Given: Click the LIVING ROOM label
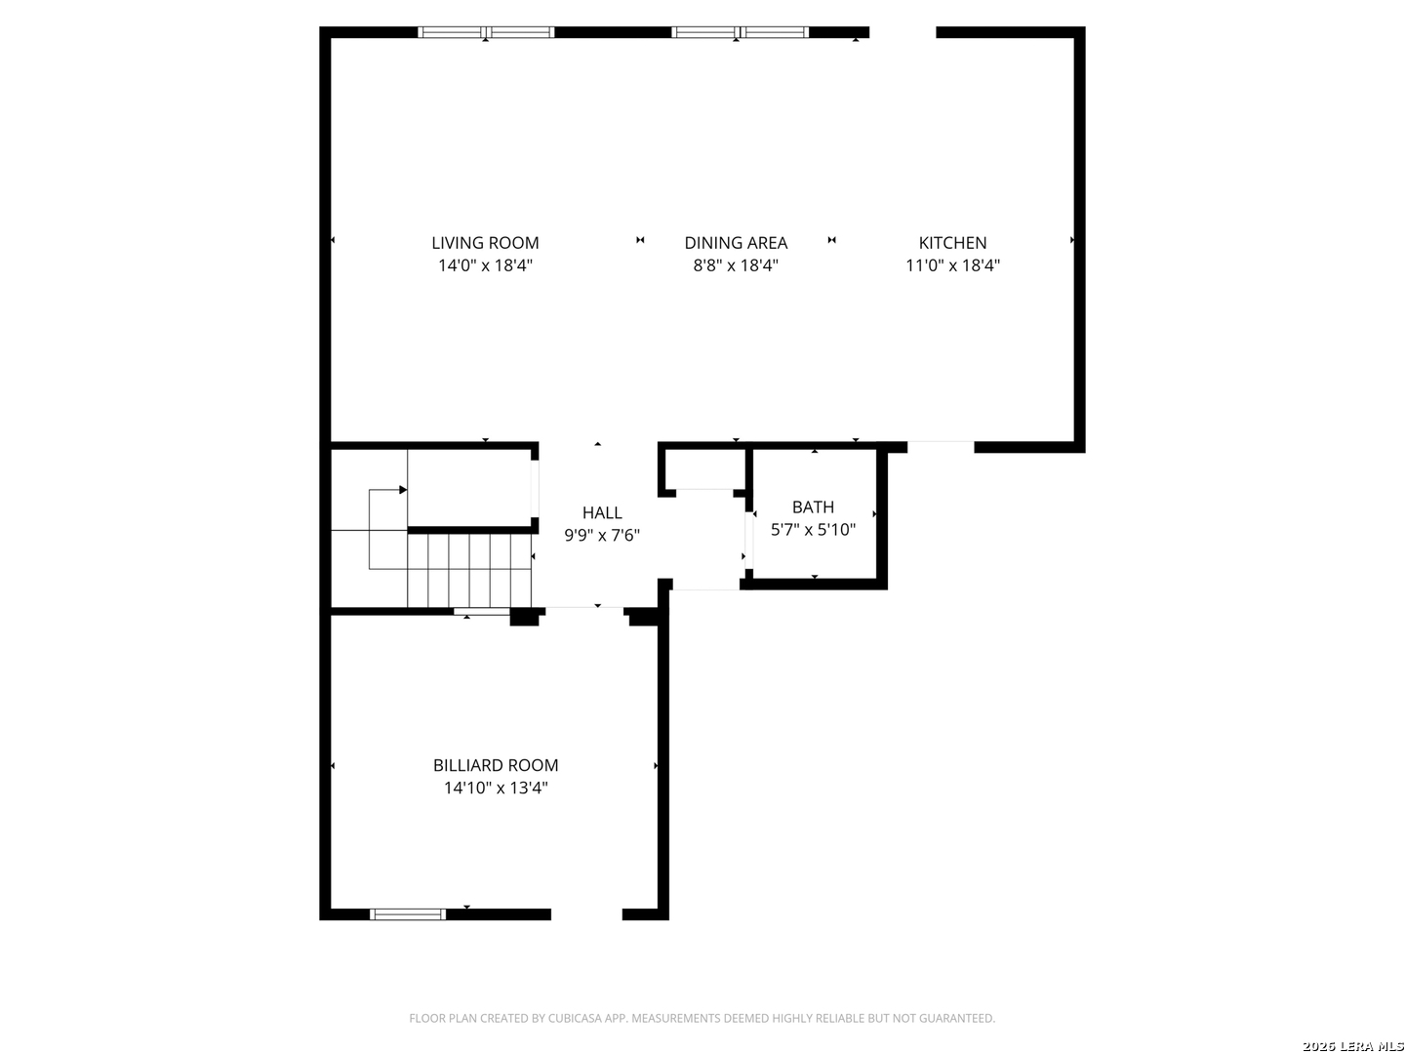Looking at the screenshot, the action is coord(485,243).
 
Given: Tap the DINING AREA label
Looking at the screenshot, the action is coord(736,243).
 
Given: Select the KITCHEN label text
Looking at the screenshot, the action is coord(952,243).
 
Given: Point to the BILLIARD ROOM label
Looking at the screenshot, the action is coord(496,765).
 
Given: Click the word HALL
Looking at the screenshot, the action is coord(602,512).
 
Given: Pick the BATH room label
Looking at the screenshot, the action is coord(813,507).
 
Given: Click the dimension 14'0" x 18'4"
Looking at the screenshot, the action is coord(485,265).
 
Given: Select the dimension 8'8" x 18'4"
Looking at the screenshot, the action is coord(736,265).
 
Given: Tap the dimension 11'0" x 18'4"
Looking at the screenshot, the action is coord(952,265).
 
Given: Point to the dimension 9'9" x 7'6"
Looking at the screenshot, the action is coord(602,535).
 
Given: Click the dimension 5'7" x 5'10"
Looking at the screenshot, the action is coord(813,530).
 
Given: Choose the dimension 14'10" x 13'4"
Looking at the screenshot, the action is coord(496,788).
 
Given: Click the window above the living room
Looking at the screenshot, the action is coord(486,32).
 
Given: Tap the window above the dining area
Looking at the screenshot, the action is coord(740,32).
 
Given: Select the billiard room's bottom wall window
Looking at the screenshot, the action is coord(408,914).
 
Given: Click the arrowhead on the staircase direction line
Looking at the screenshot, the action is coord(403,490).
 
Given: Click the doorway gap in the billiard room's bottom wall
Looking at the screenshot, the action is coord(586,914).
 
